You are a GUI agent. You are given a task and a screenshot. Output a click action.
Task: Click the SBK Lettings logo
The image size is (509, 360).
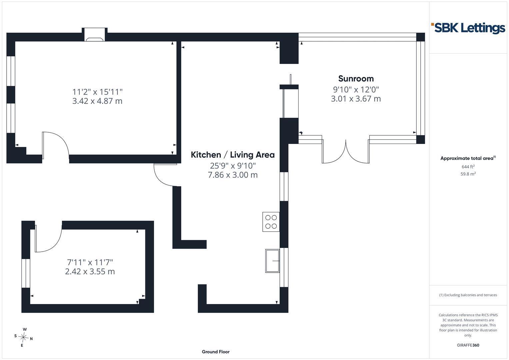(468, 28)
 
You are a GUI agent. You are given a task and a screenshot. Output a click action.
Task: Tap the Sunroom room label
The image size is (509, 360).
(356, 79)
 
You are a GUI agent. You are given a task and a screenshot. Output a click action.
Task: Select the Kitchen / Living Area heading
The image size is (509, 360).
(233, 155)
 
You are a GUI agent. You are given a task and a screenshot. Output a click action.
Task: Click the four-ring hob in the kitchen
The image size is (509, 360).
(271, 222)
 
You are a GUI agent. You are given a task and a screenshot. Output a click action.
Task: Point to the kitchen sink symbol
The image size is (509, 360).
(272, 261)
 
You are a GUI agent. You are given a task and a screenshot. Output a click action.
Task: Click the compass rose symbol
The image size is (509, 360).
(23, 337)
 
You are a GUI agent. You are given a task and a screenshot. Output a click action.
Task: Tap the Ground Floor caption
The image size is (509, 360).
(216, 352)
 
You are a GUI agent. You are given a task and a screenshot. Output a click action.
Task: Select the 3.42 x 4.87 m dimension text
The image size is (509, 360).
(97, 101)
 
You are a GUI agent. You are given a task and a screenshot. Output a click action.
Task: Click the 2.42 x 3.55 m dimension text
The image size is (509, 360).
(90, 271)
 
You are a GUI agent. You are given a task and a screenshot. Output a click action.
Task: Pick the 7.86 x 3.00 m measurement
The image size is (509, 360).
(233, 175)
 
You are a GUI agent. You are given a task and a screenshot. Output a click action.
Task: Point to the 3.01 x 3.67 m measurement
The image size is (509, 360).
(356, 99)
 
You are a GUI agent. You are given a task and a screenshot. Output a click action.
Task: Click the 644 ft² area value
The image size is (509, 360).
(468, 167)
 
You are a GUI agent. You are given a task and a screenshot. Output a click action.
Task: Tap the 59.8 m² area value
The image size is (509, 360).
(468, 174)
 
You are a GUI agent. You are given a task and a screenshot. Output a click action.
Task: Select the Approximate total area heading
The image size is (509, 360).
(468, 158)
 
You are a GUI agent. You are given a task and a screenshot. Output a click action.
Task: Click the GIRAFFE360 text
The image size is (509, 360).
(468, 345)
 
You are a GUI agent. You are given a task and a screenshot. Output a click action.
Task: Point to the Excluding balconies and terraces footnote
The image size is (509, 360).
(468, 295)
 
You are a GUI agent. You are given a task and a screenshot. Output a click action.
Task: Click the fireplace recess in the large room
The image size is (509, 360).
(95, 35)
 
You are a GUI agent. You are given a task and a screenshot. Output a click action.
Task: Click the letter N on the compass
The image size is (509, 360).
(31, 339)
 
